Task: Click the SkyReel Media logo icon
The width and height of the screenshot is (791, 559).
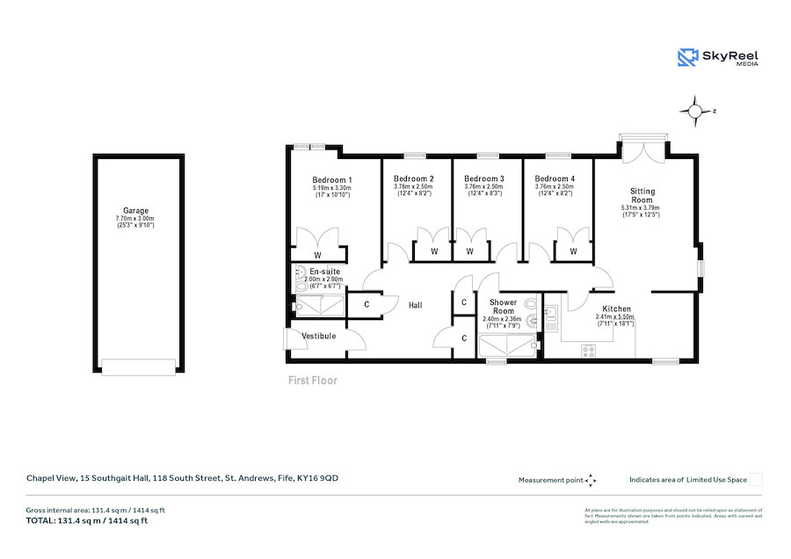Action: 686,57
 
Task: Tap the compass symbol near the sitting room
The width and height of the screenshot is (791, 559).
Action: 695,111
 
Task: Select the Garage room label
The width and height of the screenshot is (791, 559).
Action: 135,211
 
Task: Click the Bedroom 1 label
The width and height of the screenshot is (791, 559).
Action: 331,178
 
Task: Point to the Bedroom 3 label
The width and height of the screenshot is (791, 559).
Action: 483,178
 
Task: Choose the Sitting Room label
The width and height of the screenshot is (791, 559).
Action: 642,195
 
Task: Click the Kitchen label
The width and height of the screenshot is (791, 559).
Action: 616,309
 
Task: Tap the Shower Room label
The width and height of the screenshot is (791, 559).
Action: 503,307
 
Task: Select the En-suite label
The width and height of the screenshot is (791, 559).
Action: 324,272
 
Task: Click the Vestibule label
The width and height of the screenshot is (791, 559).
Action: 318,336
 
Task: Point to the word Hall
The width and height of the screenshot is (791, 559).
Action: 416,305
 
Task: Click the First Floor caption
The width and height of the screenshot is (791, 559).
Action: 313,381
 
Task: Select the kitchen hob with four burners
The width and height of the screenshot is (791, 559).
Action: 588,350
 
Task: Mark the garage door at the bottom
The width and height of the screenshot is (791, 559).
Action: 138,366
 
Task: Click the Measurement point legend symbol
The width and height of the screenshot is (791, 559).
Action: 591,480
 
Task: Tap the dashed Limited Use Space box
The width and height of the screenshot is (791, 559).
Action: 756,480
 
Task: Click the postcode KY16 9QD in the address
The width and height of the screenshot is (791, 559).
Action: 318,478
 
